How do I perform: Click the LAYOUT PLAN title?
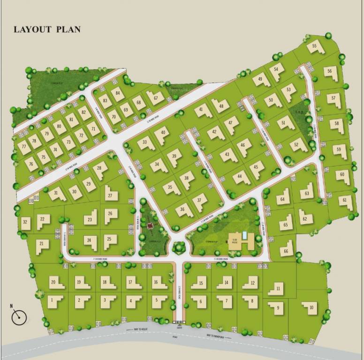(47, 29)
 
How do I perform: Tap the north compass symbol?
(19, 317)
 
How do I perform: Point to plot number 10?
(310, 307)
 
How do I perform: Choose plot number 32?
(25, 222)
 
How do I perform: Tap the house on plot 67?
(156, 97)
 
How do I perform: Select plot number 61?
(345, 200)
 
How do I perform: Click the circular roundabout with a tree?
(178, 247)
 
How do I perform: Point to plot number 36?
(183, 210)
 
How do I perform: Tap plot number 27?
(110, 195)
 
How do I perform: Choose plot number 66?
(286, 250)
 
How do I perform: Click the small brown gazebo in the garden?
(150, 225)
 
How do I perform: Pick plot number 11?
(278, 288)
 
